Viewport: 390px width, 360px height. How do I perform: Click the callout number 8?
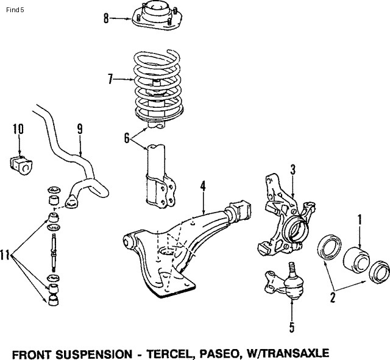(105, 18)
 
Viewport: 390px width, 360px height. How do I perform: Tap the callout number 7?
(110, 78)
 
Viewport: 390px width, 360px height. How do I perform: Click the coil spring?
(157, 88)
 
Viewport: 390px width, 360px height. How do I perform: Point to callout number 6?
(127, 138)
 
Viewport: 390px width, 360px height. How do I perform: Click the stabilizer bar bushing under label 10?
(21, 163)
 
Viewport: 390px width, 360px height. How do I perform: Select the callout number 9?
(79, 129)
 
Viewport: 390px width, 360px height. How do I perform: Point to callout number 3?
(292, 170)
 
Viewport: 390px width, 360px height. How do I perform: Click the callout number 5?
(291, 328)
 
